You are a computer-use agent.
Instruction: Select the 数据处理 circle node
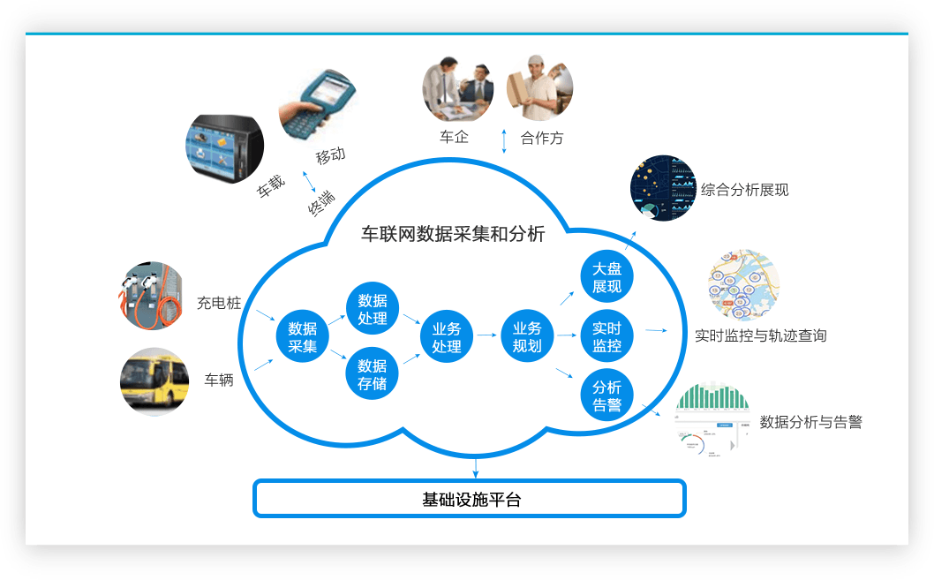point(373,309)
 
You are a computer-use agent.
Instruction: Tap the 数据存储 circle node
point(373,374)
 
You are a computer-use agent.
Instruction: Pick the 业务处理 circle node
point(447,336)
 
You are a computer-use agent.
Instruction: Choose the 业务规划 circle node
point(527,336)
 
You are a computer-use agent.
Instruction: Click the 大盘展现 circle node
point(607,276)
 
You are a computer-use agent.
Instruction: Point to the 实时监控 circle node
point(607,336)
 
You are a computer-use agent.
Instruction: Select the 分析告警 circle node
point(607,395)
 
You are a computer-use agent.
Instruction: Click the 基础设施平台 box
point(470,499)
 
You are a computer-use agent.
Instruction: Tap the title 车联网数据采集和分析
point(453,234)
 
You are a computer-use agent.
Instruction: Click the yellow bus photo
point(154,381)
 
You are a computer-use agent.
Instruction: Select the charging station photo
point(151,296)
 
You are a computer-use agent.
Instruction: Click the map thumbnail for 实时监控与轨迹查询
point(744,284)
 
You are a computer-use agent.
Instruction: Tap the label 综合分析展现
point(744,190)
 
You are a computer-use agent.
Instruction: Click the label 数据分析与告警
point(810,422)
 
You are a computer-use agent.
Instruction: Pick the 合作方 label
point(542,138)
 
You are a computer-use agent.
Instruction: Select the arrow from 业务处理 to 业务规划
point(486,335)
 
